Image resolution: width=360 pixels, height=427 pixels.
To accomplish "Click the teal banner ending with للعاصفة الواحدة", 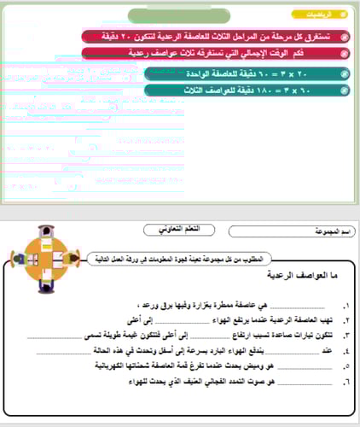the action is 247,74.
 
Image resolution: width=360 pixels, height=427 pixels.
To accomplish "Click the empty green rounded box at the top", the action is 193,15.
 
